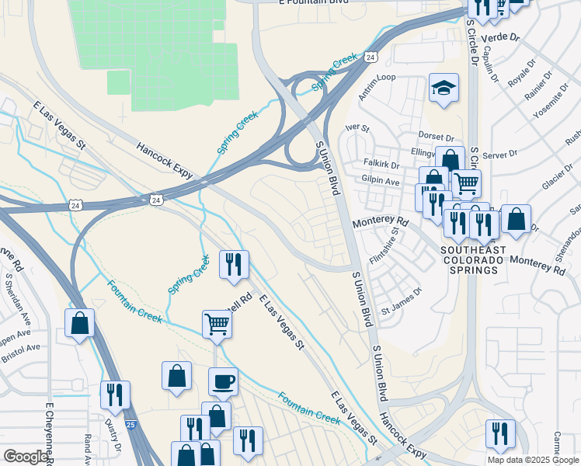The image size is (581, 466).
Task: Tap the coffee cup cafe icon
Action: click(224, 381)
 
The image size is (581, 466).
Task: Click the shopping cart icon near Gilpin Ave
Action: click(466, 184)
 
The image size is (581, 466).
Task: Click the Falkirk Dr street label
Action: click(381, 165)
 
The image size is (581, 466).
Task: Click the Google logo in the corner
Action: click(26, 457)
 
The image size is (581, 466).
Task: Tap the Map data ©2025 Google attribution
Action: click(533, 460)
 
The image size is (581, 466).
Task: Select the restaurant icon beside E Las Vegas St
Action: click(233, 265)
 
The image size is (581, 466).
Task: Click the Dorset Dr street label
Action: click(436, 137)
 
